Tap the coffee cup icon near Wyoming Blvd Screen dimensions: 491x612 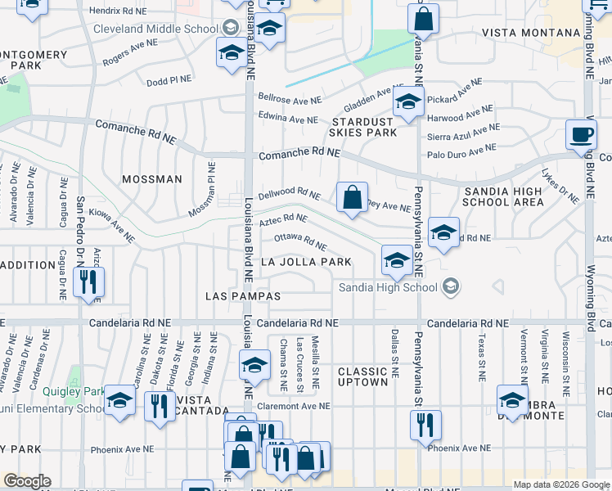pos(582,134)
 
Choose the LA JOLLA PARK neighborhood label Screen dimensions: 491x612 pos(306,262)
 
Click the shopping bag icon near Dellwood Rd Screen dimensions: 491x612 pos(352,197)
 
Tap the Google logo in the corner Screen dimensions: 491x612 pos(27,481)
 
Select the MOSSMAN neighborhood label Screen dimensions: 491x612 pos(151,179)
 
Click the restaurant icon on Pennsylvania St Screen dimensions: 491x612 pos(425,424)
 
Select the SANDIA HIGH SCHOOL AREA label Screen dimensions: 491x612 pos(502,196)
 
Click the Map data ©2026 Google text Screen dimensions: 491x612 pos(561,484)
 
